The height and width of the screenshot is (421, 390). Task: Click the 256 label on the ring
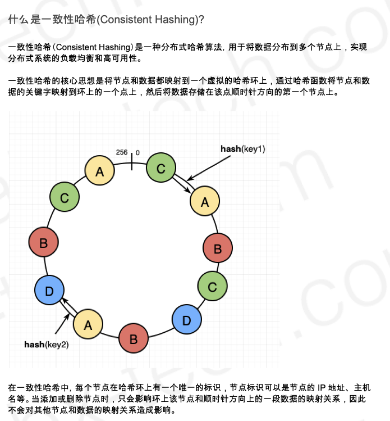[122, 152]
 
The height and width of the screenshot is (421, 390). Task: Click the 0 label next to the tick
[137, 153]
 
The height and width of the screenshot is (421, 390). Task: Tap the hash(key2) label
[47, 344]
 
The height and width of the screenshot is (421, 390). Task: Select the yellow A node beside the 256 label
[100, 171]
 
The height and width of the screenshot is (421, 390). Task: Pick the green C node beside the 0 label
[161, 168]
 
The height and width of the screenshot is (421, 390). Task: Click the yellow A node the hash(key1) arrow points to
[205, 202]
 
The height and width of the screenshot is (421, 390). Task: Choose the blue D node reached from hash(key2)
[49, 291]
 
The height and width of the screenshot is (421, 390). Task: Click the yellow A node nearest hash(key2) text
[88, 324]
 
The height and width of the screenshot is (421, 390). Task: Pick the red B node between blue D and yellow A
[134, 339]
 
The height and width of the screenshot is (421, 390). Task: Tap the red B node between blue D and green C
[44, 243]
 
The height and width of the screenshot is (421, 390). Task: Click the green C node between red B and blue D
[212, 287]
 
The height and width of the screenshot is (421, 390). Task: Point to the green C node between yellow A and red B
[65, 198]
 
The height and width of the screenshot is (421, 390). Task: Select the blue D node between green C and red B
[187, 319]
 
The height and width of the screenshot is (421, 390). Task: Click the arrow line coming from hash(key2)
[63, 323]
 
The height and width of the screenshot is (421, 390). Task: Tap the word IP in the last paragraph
[322, 388]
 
